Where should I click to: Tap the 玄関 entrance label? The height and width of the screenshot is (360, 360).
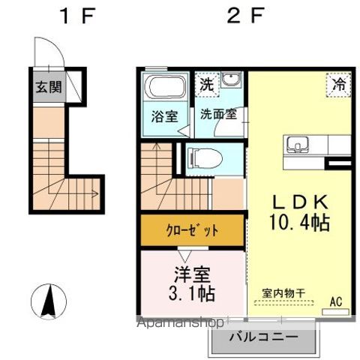tap(47, 87)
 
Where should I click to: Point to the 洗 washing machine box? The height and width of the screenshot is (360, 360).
tap(206, 84)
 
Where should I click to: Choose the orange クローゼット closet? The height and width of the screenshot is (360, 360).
tap(192, 230)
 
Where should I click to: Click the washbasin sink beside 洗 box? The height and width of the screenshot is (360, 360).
tap(230, 81)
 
